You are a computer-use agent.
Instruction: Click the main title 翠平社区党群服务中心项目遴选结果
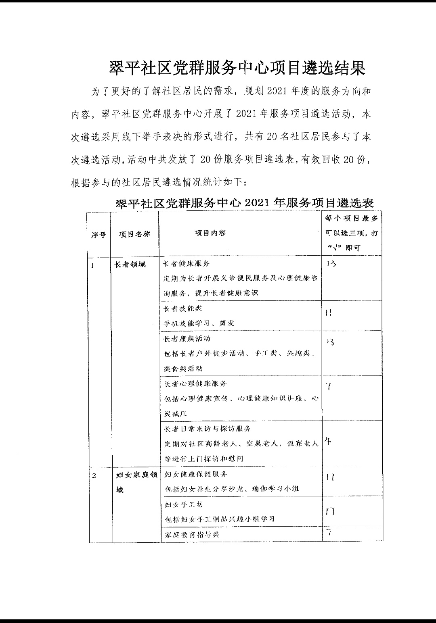point(237,69)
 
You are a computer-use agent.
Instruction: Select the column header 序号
point(98,235)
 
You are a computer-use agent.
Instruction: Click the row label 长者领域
point(130,265)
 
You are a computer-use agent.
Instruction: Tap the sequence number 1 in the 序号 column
point(93,265)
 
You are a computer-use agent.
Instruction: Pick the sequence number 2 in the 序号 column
point(94,475)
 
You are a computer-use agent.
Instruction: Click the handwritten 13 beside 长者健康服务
point(331,264)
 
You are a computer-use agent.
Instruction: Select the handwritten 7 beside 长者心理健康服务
point(329,387)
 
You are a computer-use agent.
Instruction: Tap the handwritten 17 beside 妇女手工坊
point(330,512)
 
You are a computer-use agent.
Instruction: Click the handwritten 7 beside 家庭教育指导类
point(329,533)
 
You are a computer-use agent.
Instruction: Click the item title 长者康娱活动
point(187,339)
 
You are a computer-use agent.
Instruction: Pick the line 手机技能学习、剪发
point(199,323)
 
